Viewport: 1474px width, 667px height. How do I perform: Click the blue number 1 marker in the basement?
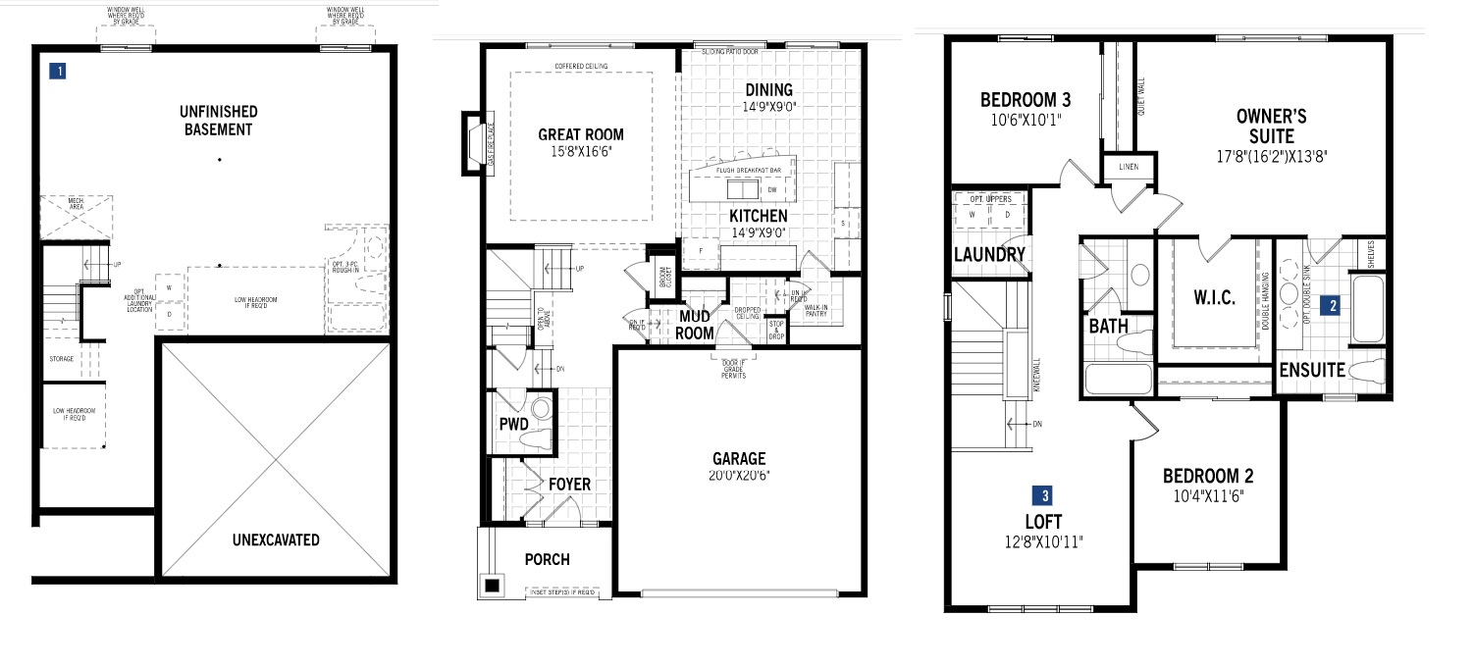click(x=61, y=71)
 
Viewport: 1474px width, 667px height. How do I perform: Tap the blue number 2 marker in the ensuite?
click(x=1332, y=305)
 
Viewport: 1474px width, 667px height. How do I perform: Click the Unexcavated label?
click(x=276, y=539)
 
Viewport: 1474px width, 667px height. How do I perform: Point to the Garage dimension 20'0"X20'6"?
click(x=739, y=476)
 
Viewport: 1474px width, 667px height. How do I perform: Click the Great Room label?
click(x=581, y=135)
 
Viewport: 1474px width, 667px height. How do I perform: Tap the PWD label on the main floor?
click(x=514, y=425)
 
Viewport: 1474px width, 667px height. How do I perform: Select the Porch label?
click(x=547, y=559)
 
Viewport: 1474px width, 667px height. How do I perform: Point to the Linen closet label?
click(x=1129, y=168)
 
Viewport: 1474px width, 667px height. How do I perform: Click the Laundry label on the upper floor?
click(x=989, y=255)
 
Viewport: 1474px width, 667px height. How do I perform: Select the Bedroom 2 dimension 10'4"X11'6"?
click(x=1207, y=495)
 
